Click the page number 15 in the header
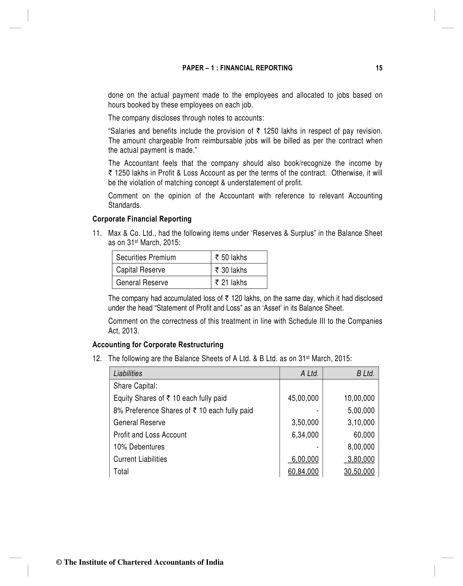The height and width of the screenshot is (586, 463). tap(379, 68)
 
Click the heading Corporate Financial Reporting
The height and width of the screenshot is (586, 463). tap(142, 219)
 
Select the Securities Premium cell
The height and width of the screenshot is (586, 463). tap(146, 257)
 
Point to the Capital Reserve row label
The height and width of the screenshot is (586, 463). tap(141, 270)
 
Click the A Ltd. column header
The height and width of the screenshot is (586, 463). tap(309, 373)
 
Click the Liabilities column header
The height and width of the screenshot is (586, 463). tap(128, 373)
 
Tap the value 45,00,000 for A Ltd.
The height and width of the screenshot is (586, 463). tap(303, 398)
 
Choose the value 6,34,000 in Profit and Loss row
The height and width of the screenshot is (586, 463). tap(305, 435)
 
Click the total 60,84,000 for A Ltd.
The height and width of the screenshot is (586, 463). tap(303, 471)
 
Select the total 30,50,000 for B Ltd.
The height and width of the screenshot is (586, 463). tap(359, 471)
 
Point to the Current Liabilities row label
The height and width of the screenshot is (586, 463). tap(140, 459)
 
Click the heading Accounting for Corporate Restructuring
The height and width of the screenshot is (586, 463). tap(158, 345)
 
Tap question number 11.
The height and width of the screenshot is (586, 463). tap(97, 233)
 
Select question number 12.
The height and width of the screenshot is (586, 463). tap(97, 358)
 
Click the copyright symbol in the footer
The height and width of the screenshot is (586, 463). tap(58, 562)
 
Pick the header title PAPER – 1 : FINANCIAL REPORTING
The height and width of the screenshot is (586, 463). tap(237, 68)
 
